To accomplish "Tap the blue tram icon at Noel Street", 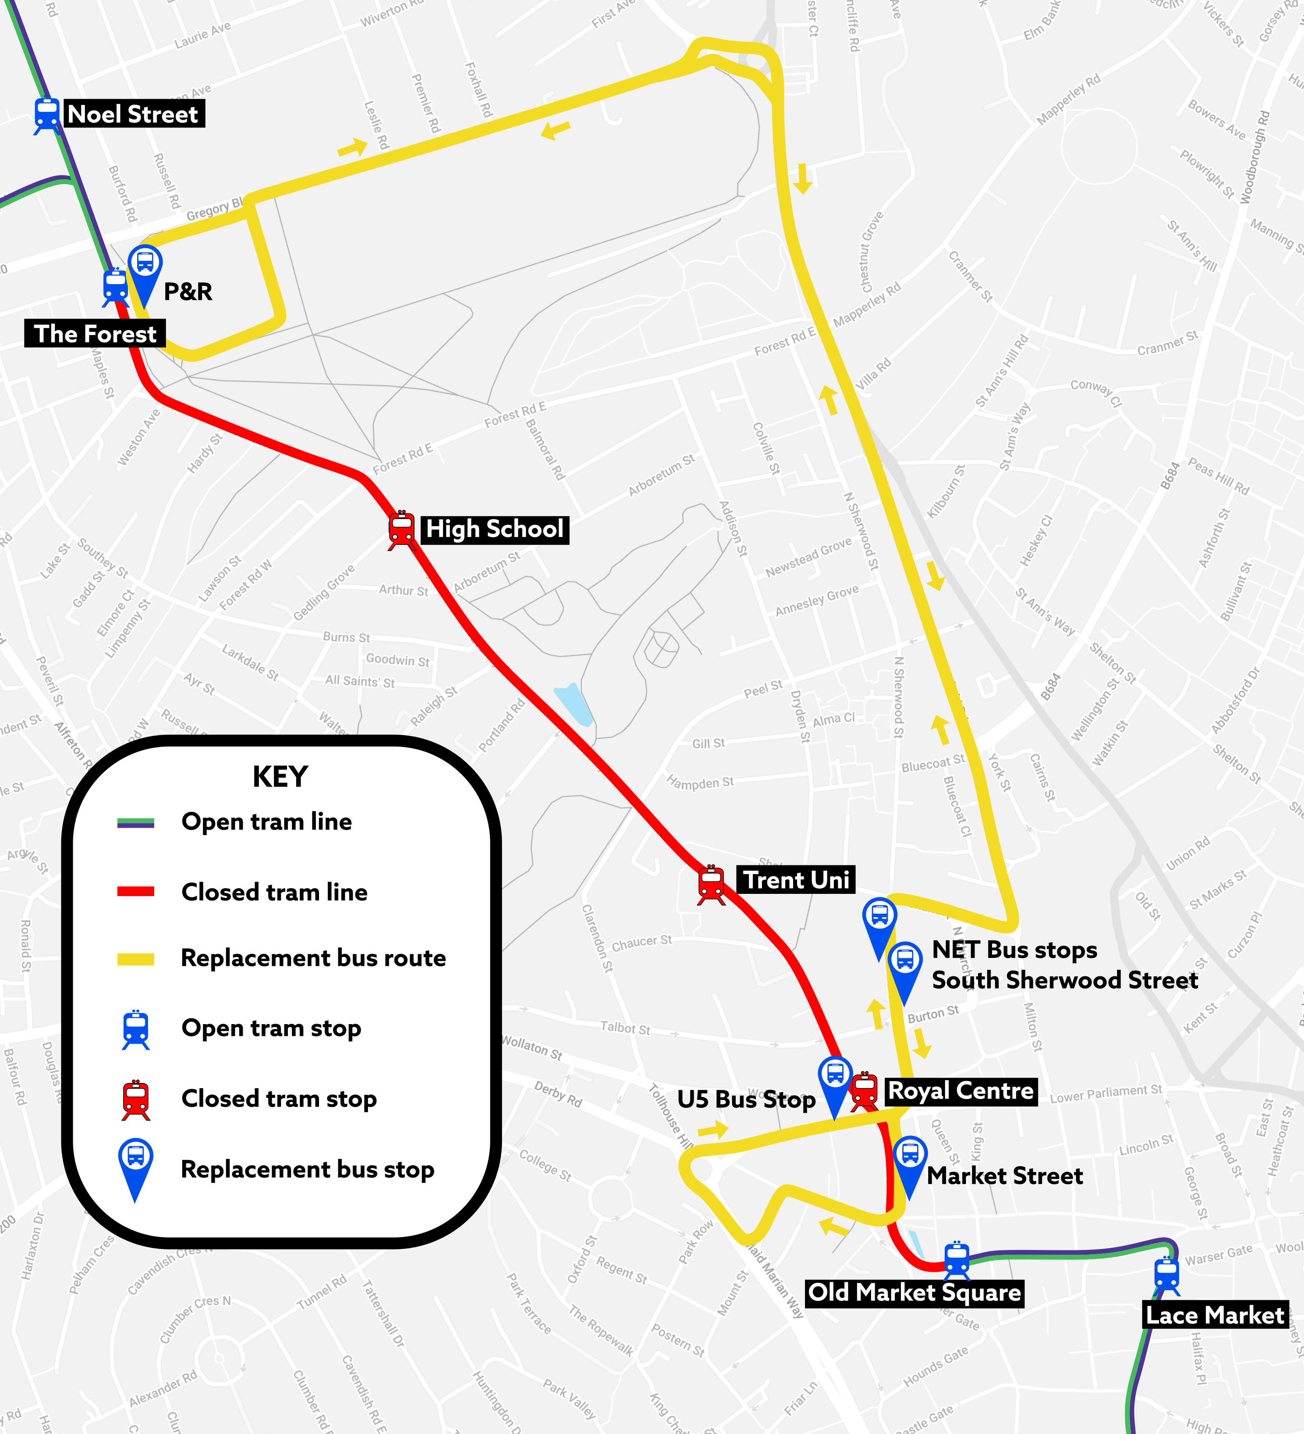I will coord(47,114).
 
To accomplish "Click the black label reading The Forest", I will coord(95,334).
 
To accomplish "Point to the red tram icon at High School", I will coord(402,529).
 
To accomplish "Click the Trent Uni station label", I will coord(796,880).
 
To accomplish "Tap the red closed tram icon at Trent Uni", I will coord(711,884).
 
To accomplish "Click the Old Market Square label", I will coord(914,1292).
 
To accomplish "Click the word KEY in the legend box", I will coord(280,777).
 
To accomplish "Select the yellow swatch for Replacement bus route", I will coord(136,959).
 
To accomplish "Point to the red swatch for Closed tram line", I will coord(136,891).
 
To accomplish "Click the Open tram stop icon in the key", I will coord(136,1028).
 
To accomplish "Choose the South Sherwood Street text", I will coord(1064,980).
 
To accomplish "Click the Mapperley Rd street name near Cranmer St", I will coord(867,304).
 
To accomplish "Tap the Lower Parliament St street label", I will coord(1106,1094).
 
